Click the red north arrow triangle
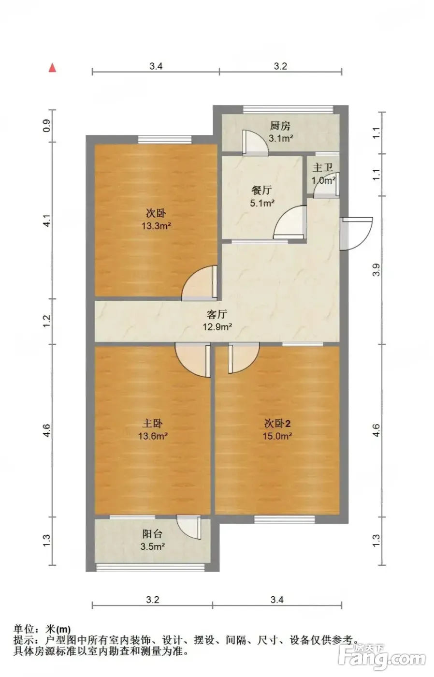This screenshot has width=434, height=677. tap(53, 68)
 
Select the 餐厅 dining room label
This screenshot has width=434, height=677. tap(261, 191)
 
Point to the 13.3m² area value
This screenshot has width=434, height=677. tap(157, 225)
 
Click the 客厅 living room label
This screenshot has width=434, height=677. tap(217, 314)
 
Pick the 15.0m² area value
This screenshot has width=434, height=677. tap(277, 436)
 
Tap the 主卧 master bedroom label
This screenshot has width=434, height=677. tap(153, 423)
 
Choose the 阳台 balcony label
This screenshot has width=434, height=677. tap(152, 534)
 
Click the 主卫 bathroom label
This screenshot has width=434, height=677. tap(322, 167)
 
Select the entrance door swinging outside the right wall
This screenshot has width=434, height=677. tap(356, 233)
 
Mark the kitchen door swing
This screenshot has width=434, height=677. tap(256, 143)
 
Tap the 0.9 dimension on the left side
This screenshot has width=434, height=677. tap(46, 126)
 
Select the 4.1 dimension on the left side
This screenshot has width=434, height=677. tap(46, 221)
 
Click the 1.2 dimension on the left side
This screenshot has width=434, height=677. tap(46, 321)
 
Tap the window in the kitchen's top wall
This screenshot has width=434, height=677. tap(289, 109)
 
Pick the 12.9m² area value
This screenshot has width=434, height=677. tap(217, 326)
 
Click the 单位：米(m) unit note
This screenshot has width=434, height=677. tap(42, 630)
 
